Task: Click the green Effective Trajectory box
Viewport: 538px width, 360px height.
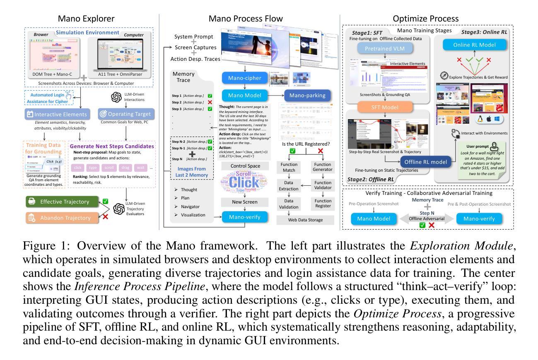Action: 65,202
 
